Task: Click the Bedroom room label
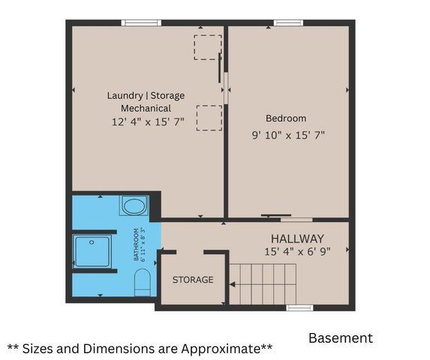click(286, 118)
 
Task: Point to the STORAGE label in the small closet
click(193, 280)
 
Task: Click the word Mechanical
click(146, 108)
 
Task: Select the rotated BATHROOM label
click(136, 245)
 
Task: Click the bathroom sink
click(135, 205)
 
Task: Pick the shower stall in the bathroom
click(92, 251)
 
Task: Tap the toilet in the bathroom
click(142, 283)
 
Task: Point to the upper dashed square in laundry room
click(208, 46)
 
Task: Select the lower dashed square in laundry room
click(209, 118)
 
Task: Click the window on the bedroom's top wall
click(287, 22)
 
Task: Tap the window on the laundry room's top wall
click(142, 22)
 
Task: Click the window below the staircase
click(299, 307)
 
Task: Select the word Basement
click(340, 338)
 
